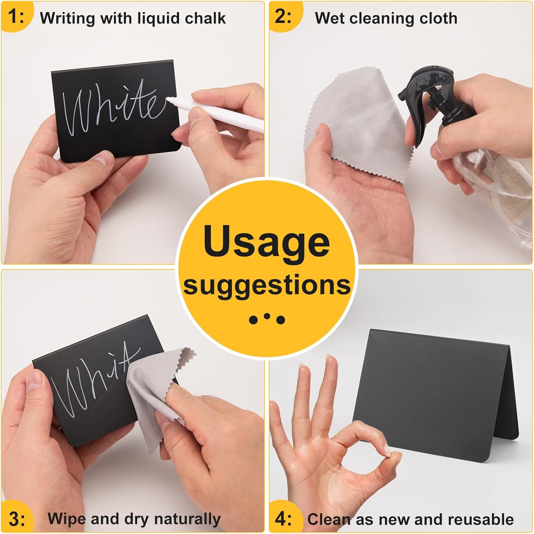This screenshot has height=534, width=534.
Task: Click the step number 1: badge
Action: tap(16, 16)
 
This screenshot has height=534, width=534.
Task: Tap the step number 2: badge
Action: tap(283, 16)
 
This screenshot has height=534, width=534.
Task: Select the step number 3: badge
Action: tap(17, 519)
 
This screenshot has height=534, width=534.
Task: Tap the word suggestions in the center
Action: tap(267, 285)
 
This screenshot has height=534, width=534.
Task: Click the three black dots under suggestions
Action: tap(267, 319)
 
